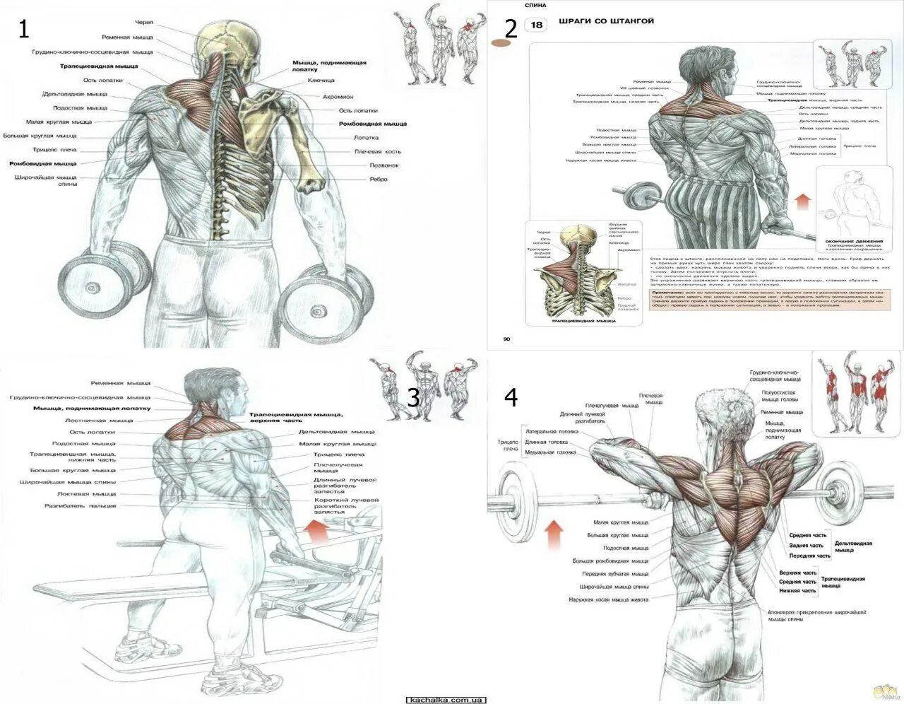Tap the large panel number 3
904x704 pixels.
(x=414, y=397)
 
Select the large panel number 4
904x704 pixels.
(x=511, y=397)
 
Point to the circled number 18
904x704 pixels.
(x=536, y=25)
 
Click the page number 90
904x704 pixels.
(x=506, y=339)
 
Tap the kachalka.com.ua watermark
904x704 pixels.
(x=446, y=699)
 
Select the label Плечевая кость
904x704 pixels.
(x=377, y=151)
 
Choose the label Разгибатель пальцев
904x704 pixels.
(x=81, y=506)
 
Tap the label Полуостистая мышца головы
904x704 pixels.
(x=779, y=397)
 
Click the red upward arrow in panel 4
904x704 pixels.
(x=554, y=534)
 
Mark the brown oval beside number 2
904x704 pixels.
(x=501, y=43)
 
